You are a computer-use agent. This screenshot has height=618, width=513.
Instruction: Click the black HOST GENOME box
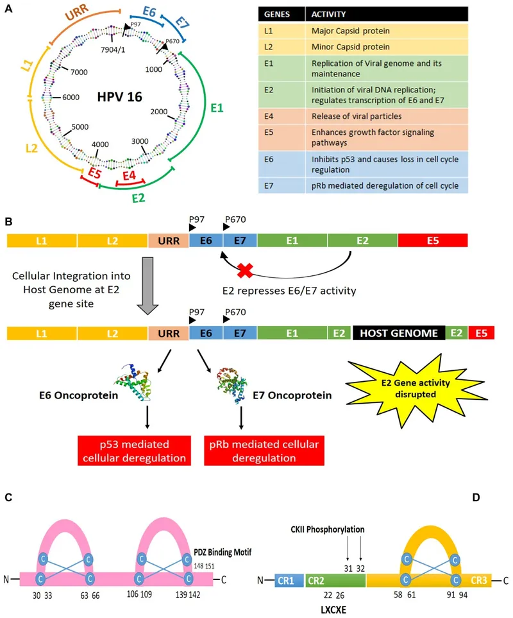click(x=398, y=334)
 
